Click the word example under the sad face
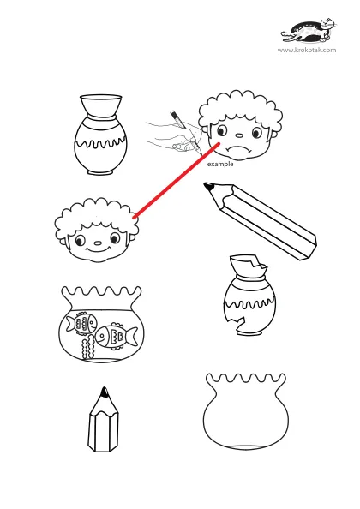tap(220, 165)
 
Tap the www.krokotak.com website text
tap(307, 50)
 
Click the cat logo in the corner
tap(308, 31)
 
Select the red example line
tap(177, 180)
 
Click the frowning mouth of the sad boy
tap(239, 149)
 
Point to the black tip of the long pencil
tap(208, 186)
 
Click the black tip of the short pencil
tap(105, 392)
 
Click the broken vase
tap(249, 296)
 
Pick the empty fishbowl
tap(246, 411)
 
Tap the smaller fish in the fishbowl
tap(81, 322)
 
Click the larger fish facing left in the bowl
tap(117, 336)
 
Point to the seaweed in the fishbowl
tap(87, 348)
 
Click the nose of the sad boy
tap(238, 135)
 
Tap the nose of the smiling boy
tap(98, 243)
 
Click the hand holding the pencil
tap(174, 137)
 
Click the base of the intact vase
tap(100, 172)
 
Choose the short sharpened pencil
tap(104, 419)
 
